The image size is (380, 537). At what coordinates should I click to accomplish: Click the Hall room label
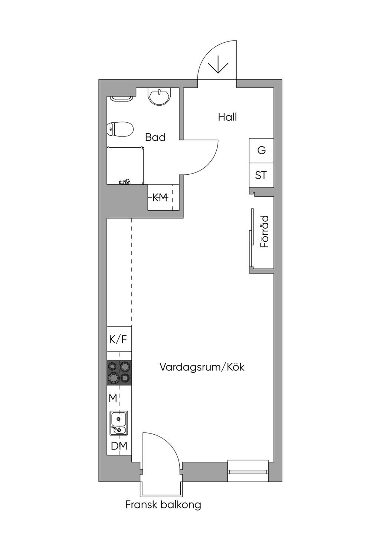click(x=227, y=117)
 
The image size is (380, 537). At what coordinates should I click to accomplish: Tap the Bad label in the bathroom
click(x=155, y=137)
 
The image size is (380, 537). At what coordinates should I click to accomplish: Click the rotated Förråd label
click(x=264, y=231)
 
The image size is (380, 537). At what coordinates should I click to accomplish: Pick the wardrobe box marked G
click(x=262, y=151)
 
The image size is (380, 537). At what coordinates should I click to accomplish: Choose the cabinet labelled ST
click(x=262, y=175)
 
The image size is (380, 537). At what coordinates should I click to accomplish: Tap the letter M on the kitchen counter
click(x=113, y=398)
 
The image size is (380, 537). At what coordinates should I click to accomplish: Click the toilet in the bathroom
click(x=120, y=129)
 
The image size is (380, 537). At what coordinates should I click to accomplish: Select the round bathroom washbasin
click(x=160, y=97)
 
